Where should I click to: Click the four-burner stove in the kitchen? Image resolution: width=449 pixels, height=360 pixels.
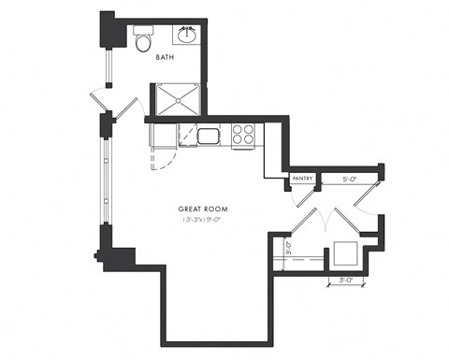click(243, 136)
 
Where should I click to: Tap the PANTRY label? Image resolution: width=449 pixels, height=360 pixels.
click(301, 177)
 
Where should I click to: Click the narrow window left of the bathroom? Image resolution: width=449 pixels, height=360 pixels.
click(109, 65)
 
